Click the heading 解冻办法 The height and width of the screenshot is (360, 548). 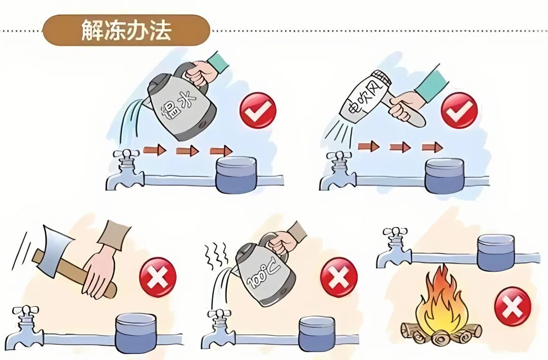(126, 30)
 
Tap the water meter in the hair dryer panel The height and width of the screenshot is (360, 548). (444, 176)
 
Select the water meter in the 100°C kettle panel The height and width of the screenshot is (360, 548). (317, 334)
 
